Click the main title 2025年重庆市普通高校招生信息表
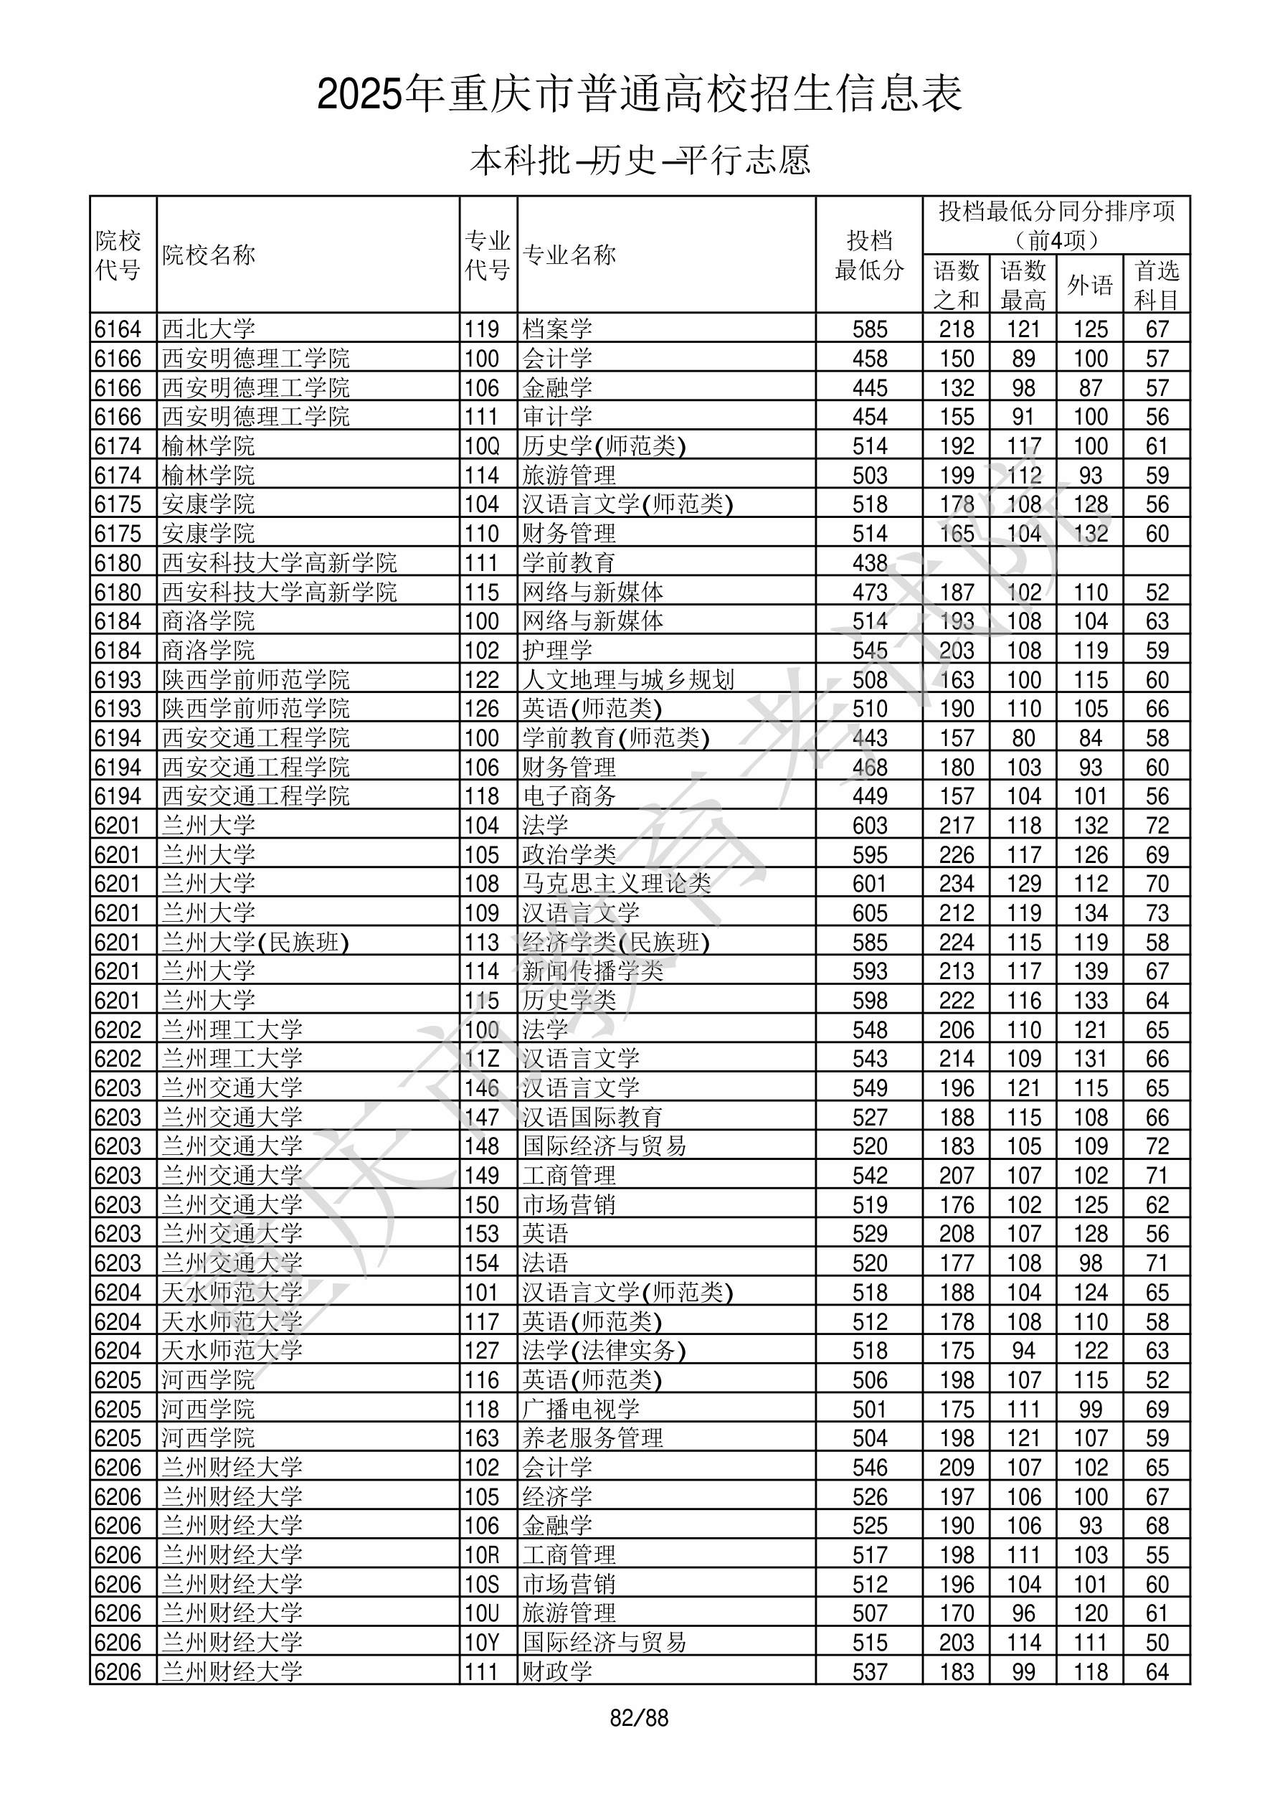(639, 95)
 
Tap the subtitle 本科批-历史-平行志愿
(639, 160)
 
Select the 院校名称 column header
(209, 255)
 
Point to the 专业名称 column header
(569, 255)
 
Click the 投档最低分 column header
(869, 255)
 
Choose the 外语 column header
(1090, 284)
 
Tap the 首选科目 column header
(1156, 284)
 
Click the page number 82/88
(639, 1718)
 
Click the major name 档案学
(557, 329)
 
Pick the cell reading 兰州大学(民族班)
(256, 943)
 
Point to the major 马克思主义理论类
(616, 884)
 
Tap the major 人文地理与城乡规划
(628, 679)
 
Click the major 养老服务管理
(592, 1438)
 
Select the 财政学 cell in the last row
(557, 1671)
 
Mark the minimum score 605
(870, 913)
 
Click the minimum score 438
(870, 562)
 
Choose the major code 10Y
(482, 1642)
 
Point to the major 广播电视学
(581, 1409)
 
